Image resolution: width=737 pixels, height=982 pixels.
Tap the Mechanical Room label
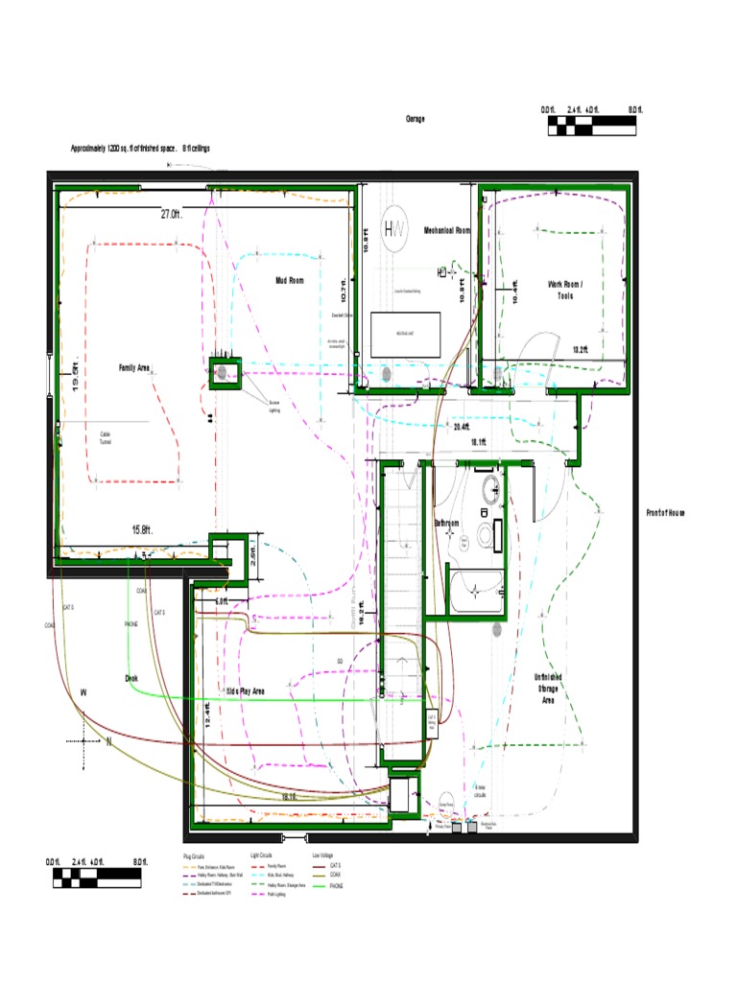click(447, 231)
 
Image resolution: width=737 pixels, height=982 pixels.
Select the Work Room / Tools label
click(565, 290)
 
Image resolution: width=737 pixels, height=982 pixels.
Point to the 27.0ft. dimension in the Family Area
click(172, 215)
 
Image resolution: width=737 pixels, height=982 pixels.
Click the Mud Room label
click(289, 281)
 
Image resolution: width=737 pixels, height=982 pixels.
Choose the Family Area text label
click(134, 367)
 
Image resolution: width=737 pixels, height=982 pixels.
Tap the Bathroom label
click(446, 524)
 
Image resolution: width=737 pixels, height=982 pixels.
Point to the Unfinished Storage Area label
click(548, 689)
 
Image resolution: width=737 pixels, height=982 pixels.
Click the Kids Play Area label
click(245, 690)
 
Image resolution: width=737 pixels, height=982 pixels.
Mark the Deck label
click(131, 678)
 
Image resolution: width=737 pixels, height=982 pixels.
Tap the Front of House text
click(664, 513)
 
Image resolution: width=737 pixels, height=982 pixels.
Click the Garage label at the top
click(415, 119)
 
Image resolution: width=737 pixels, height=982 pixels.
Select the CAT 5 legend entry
click(335, 865)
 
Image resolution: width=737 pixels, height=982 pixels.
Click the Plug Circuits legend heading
click(195, 854)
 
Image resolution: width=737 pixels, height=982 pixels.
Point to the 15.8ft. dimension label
click(142, 528)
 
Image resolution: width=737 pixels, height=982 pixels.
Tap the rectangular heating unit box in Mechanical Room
click(406, 332)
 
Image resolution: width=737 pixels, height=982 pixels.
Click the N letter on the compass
click(108, 741)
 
